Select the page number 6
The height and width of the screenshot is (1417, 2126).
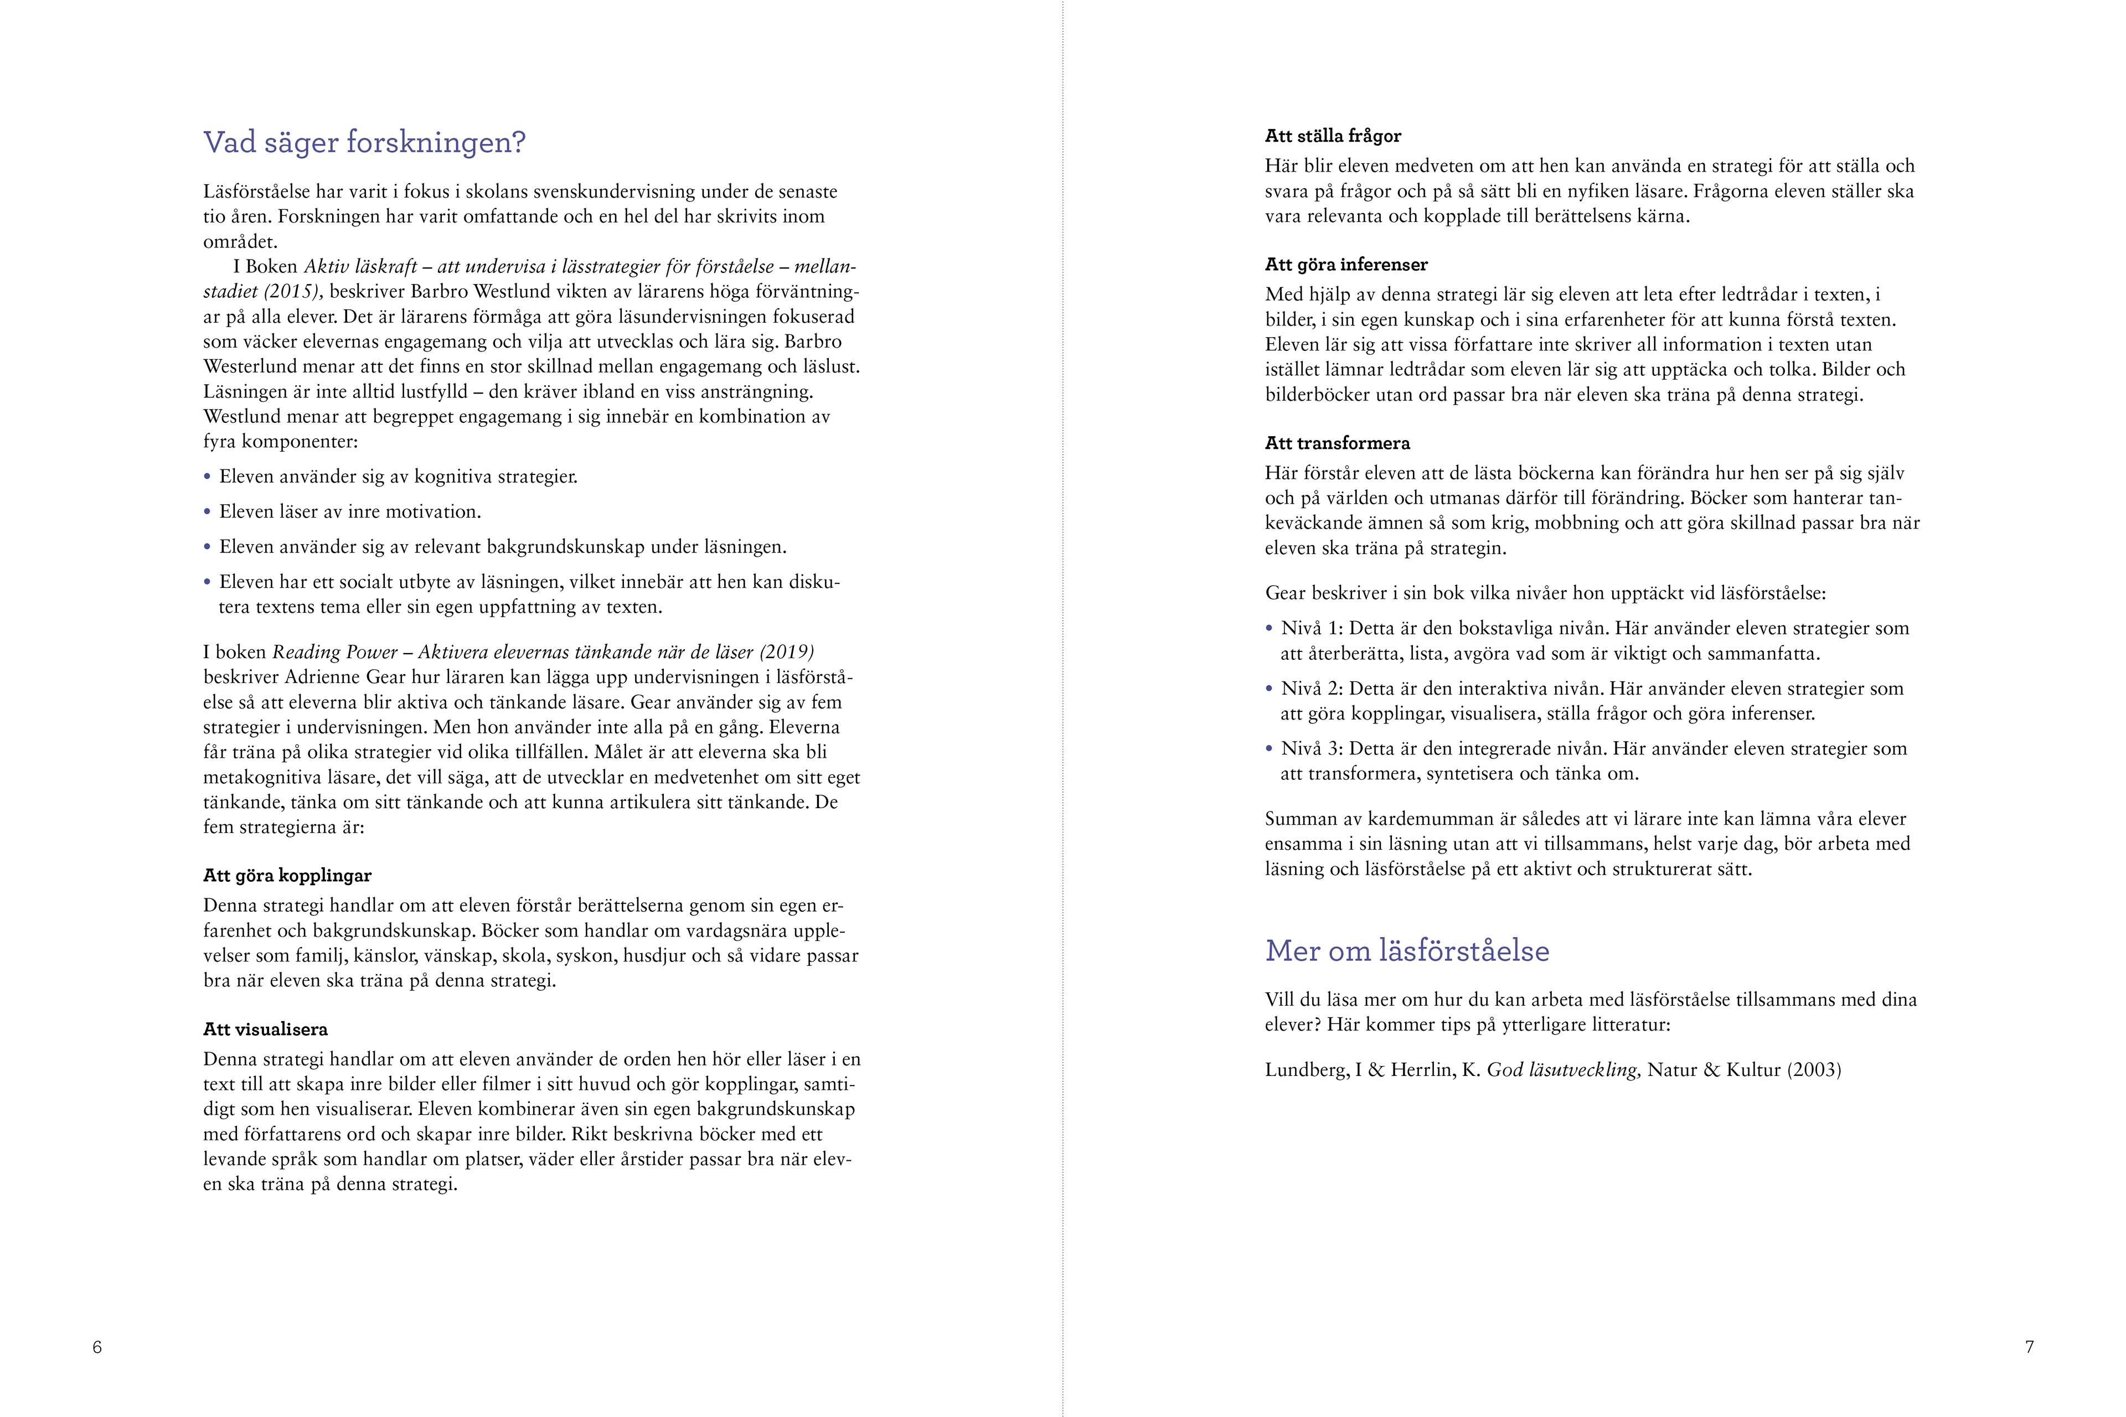(97, 1347)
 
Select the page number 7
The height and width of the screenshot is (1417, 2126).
(2029, 1347)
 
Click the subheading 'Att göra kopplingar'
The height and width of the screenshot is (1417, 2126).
(287, 876)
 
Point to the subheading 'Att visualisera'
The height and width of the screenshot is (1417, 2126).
(266, 1030)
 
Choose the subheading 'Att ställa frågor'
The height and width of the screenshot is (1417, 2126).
(1333, 137)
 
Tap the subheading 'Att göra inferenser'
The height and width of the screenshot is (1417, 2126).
(1346, 265)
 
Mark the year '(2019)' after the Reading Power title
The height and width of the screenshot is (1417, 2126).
(786, 653)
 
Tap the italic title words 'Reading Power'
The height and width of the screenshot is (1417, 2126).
(334, 653)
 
